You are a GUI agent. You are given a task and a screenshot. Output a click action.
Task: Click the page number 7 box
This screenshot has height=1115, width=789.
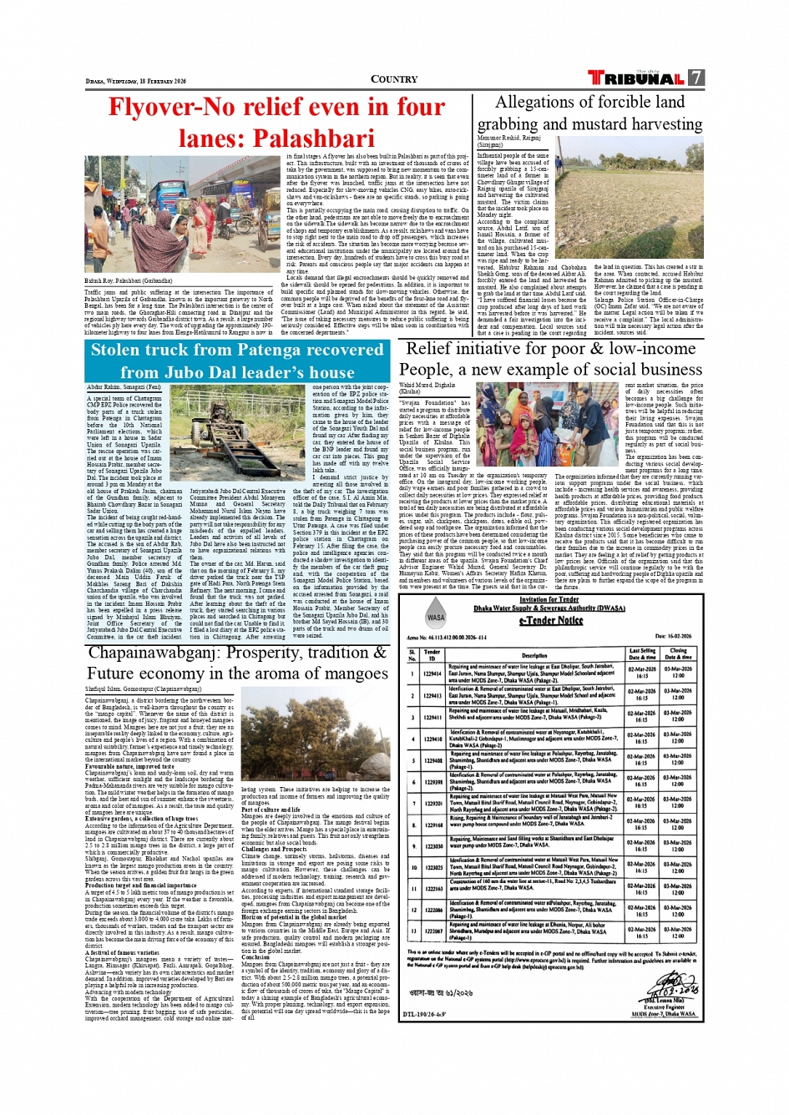pos(695,78)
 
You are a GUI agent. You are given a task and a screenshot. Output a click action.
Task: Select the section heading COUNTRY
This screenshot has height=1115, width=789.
pos(394,79)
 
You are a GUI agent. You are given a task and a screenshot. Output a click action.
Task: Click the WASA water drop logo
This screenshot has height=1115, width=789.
pos(436,618)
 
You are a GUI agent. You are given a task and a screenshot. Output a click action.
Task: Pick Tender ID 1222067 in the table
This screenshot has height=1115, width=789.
pos(432,931)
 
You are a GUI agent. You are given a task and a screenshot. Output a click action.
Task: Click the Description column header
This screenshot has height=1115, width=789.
pos(534,655)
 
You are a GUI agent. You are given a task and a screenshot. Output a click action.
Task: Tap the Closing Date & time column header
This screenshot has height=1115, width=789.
pos(678,655)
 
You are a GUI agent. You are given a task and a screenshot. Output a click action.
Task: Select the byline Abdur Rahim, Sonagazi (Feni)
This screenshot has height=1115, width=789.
pos(124,387)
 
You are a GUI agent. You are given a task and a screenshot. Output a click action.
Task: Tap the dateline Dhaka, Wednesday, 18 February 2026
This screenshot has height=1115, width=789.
pos(136,81)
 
